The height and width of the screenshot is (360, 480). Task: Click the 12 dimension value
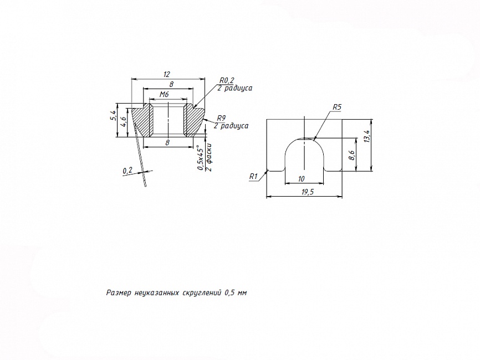pyautogui.click(x=167, y=74)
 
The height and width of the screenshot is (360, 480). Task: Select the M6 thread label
pyautogui.click(x=164, y=95)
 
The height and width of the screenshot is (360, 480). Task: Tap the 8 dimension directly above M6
pyautogui.click(x=171, y=84)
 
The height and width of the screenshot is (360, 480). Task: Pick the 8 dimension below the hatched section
pyautogui.click(x=167, y=142)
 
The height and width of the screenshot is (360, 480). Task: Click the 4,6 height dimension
pyautogui.click(x=123, y=122)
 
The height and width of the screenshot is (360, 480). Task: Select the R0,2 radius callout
pyautogui.click(x=227, y=80)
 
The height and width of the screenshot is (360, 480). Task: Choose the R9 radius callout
pyautogui.click(x=221, y=118)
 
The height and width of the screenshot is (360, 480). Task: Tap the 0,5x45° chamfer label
pyautogui.click(x=200, y=157)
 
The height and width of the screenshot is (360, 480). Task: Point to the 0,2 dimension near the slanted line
pyautogui.click(x=127, y=171)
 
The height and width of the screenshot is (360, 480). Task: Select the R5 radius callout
pyautogui.click(x=337, y=107)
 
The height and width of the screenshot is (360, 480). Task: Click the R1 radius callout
pyautogui.click(x=253, y=177)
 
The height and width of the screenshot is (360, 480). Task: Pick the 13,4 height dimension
pyautogui.click(x=367, y=136)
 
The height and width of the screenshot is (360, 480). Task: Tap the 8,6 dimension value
pyautogui.click(x=352, y=155)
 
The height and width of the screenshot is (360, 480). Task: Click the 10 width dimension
pyautogui.click(x=301, y=179)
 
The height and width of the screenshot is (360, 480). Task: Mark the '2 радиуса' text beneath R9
pyautogui.click(x=231, y=126)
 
